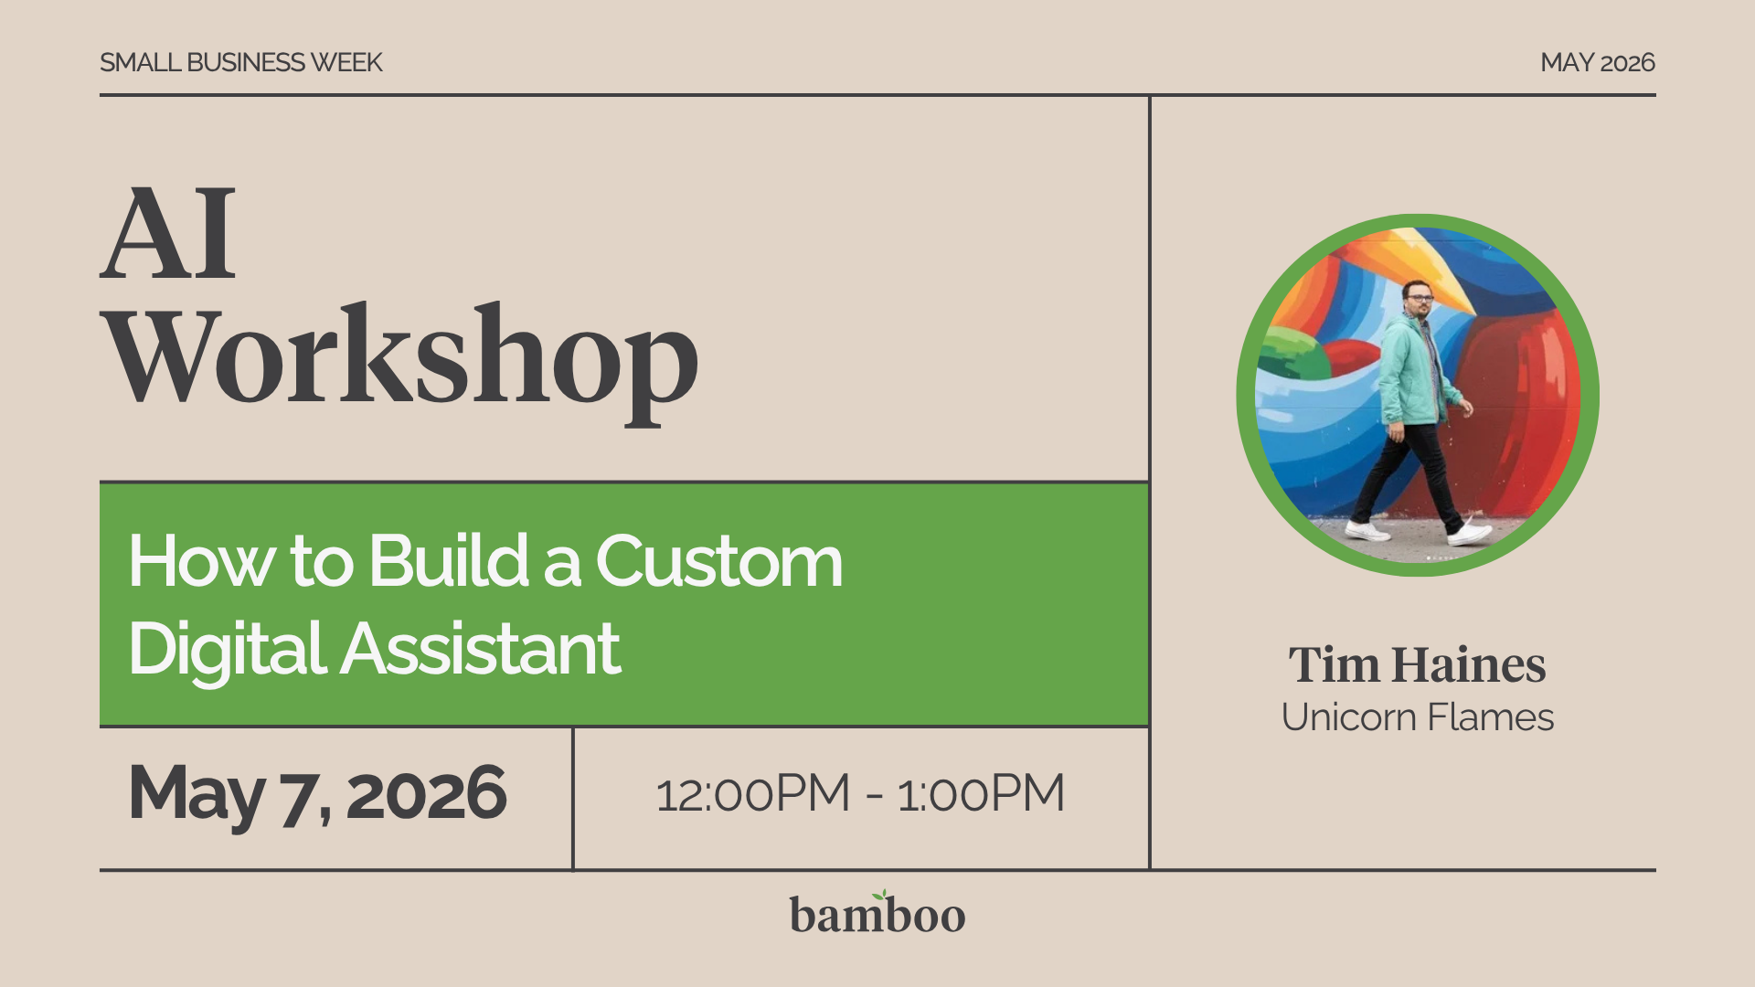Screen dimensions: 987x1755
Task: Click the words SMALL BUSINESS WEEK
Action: (240, 62)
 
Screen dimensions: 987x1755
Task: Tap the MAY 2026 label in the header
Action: (1597, 62)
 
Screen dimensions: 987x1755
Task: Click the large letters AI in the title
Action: (169, 234)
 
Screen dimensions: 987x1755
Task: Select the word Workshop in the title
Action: (402, 358)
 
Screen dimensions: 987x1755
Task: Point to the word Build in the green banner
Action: (449, 560)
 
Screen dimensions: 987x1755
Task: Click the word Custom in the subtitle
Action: (718, 560)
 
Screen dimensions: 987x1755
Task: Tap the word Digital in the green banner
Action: (228, 649)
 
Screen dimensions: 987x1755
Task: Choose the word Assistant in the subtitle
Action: (481, 649)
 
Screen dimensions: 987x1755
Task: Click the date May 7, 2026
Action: (317, 793)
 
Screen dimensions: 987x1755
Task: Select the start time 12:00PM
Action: (753, 793)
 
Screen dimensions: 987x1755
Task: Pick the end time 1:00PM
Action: (981, 793)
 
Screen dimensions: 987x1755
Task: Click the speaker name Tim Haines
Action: (1417, 664)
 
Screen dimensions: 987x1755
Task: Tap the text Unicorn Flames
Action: (1417, 717)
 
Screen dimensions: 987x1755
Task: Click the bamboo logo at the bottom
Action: (877, 915)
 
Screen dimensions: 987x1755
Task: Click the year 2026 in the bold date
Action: (426, 793)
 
